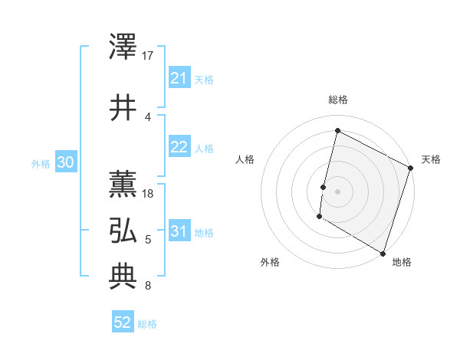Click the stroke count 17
click(x=149, y=56)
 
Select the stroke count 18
click(x=149, y=194)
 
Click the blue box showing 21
click(x=179, y=78)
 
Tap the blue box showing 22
click(x=179, y=148)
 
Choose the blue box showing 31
click(x=179, y=231)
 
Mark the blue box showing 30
click(x=65, y=162)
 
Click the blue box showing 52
click(x=123, y=322)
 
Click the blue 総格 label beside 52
click(x=147, y=324)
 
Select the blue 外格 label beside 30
click(x=41, y=163)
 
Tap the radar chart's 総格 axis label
click(x=337, y=100)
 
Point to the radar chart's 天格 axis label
click(x=431, y=159)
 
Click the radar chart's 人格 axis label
click(x=245, y=159)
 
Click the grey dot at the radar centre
click(x=337, y=191)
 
